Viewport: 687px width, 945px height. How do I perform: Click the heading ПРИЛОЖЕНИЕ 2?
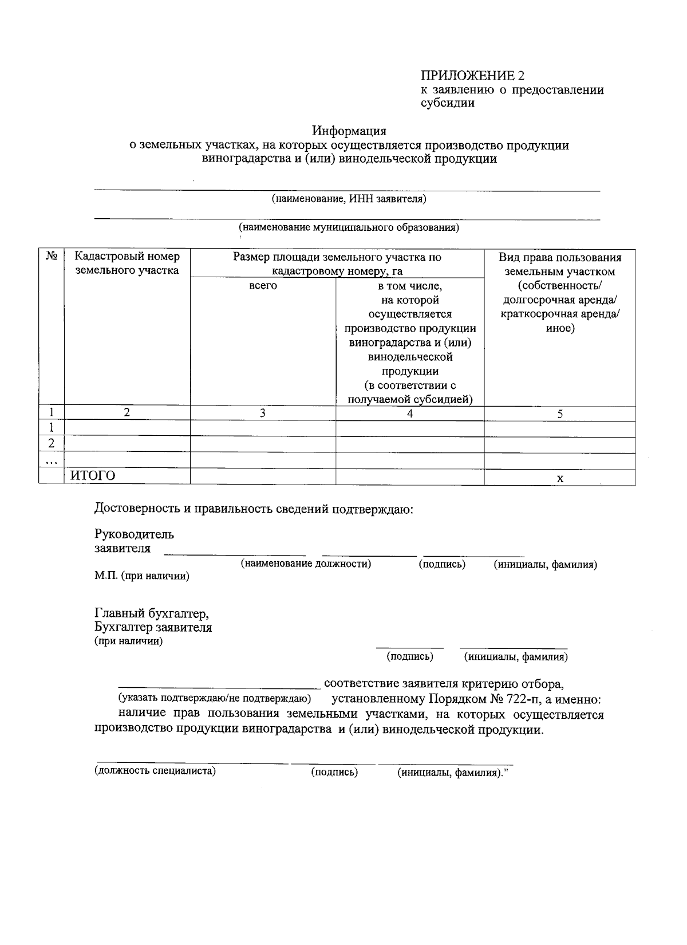click(472, 76)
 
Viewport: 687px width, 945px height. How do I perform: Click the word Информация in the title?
click(349, 131)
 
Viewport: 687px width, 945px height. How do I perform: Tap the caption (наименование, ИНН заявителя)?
click(349, 199)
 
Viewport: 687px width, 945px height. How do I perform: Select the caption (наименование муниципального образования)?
click(349, 227)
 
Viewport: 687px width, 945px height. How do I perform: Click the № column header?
click(51, 257)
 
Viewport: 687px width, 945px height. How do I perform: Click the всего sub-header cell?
click(263, 285)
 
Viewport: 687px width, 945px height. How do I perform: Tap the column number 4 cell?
click(410, 414)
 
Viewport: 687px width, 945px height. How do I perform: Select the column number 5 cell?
click(560, 414)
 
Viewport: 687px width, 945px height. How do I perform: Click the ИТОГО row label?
click(93, 475)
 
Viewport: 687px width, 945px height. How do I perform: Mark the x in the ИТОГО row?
click(560, 478)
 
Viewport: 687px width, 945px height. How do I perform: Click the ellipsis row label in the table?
click(51, 460)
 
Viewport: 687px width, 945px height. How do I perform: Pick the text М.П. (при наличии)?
click(141, 576)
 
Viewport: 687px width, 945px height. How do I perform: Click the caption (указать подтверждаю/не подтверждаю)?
click(214, 698)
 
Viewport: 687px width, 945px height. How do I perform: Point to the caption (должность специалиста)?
click(155, 770)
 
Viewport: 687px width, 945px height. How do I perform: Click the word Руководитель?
click(134, 534)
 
